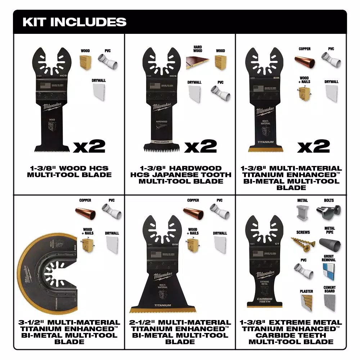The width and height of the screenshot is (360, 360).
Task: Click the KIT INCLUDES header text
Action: point(75,22)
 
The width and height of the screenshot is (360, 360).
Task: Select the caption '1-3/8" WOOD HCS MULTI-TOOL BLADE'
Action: point(69,171)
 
